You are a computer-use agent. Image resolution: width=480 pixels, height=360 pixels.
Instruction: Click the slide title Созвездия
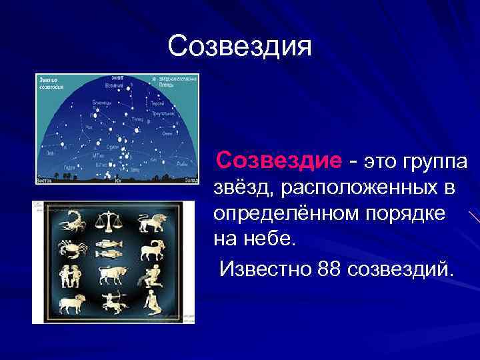pyautogui.click(x=239, y=47)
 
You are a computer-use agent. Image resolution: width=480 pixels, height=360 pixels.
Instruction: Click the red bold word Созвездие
pyautogui.click(x=279, y=160)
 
